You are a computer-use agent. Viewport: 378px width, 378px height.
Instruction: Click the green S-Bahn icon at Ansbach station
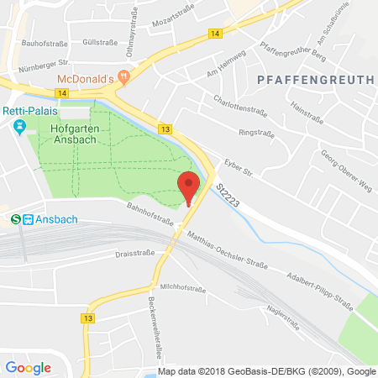(15, 219)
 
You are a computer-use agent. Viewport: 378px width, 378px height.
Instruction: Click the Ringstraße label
(257, 132)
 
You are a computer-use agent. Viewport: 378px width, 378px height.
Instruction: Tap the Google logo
(28, 367)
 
